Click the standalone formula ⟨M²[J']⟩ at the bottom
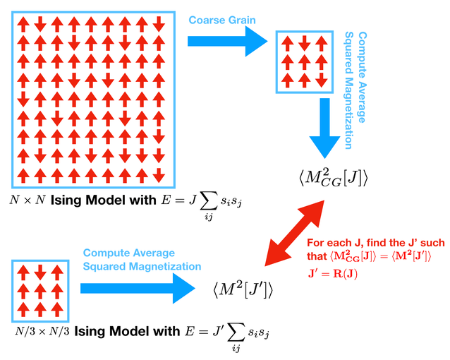pyautogui.click(x=242, y=288)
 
